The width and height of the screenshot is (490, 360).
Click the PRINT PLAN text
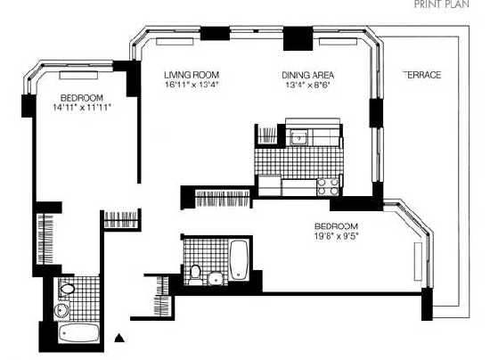(441, 4)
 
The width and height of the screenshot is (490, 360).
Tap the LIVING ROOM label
(192, 75)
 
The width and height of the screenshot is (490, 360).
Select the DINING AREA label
(308, 76)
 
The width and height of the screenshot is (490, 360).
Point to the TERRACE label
(422, 75)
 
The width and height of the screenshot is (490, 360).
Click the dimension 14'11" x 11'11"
(82, 108)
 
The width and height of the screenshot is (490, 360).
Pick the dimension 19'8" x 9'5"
(336, 236)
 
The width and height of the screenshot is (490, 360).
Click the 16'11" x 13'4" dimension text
(192, 85)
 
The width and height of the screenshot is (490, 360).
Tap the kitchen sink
(299, 137)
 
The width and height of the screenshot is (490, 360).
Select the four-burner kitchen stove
(328, 186)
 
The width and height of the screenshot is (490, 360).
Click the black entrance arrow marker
(119, 338)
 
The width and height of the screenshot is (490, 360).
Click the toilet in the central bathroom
(195, 275)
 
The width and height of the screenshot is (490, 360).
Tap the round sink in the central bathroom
(216, 278)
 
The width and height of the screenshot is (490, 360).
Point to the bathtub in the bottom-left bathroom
(79, 333)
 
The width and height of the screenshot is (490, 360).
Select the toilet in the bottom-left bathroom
(66, 288)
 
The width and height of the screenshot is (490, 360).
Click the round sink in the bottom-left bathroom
(61, 310)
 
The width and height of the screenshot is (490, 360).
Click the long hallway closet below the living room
(223, 199)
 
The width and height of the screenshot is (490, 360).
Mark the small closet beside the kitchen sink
(266, 135)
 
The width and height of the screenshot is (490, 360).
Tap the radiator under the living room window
(175, 42)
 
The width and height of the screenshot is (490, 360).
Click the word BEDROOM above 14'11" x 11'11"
(82, 98)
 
